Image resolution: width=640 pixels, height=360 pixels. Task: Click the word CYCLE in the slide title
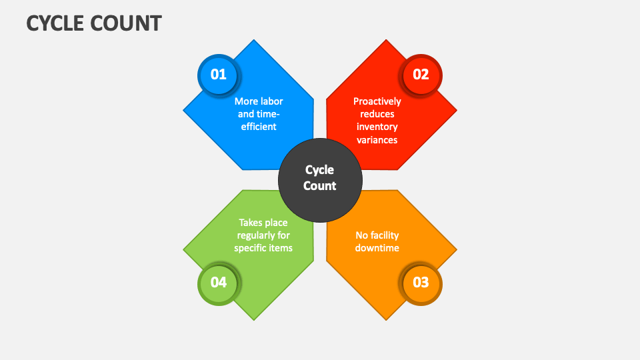pyautogui.click(x=55, y=23)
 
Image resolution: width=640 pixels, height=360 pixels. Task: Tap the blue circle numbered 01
pyautogui.click(x=219, y=75)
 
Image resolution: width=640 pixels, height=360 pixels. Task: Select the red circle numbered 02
pyautogui.click(x=421, y=75)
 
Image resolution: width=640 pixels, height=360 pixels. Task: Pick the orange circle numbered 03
pyautogui.click(x=421, y=283)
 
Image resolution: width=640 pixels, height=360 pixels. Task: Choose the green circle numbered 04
pyautogui.click(x=219, y=283)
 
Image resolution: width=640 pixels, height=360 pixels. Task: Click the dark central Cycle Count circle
pyautogui.click(x=320, y=180)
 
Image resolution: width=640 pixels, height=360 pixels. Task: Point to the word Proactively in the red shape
pyautogui.click(x=377, y=101)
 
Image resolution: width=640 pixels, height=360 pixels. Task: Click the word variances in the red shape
pyautogui.click(x=377, y=140)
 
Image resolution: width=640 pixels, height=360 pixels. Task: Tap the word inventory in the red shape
pyautogui.click(x=377, y=127)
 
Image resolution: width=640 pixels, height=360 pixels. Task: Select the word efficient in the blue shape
pyautogui.click(x=259, y=127)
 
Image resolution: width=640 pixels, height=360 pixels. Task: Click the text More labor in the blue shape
pyautogui.click(x=259, y=101)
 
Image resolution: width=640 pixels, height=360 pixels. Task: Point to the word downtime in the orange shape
pyautogui.click(x=377, y=248)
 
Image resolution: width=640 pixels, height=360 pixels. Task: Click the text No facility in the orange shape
pyautogui.click(x=377, y=235)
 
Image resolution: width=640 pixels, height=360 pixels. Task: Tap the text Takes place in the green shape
pyautogui.click(x=263, y=223)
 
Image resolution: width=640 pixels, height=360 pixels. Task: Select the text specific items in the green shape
pyautogui.click(x=263, y=248)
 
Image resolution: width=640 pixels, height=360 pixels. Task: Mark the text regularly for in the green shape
pyautogui.click(x=263, y=235)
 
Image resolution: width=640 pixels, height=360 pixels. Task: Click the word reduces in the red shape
pyautogui.click(x=377, y=114)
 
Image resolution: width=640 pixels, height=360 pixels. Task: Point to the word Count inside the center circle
pyautogui.click(x=319, y=186)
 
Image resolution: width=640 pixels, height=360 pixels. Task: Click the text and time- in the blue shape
pyautogui.click(x=259, y=114)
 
